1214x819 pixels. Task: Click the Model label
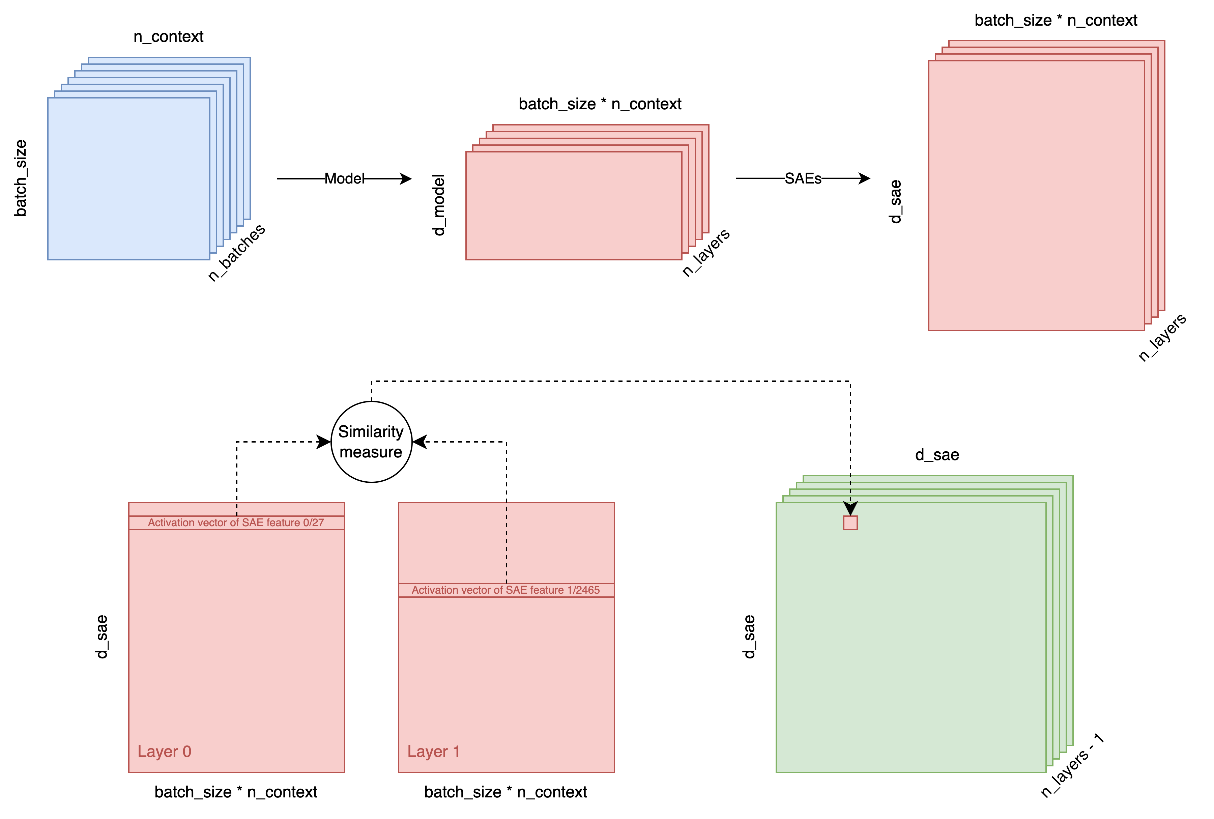[344, 179]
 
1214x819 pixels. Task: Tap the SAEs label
[803, 179]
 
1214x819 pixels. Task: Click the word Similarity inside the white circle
[371, 432]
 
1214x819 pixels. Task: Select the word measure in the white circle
[371, 452]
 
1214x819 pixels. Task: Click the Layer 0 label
[165, 752]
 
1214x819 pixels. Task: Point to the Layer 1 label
[433, 752]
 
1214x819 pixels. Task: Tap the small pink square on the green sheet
[850, 523]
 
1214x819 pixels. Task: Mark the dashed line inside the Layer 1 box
[506, 543]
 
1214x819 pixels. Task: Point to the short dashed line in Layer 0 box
[236, 509]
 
